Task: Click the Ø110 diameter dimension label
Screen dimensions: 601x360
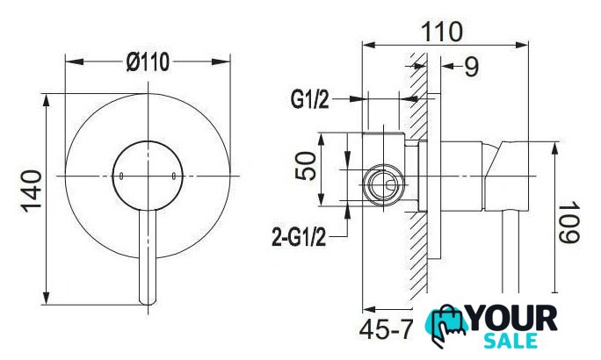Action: (x=148, y=62)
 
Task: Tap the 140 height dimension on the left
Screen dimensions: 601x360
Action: (x=31, y=191)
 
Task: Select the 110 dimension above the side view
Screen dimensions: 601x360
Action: (x=442, y=32)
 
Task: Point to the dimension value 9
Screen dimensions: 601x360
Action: (x=472, y=67)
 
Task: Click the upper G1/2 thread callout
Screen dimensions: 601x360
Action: (x=309, y=99)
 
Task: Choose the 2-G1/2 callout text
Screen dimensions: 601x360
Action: (x=299, y=237)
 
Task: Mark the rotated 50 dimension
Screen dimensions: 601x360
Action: (x=306, y=166)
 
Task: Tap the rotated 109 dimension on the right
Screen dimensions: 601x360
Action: (x=568, y=223)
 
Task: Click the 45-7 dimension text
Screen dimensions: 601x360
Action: (x=387, y=329)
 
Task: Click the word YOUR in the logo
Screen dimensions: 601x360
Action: (x=513, y=319)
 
